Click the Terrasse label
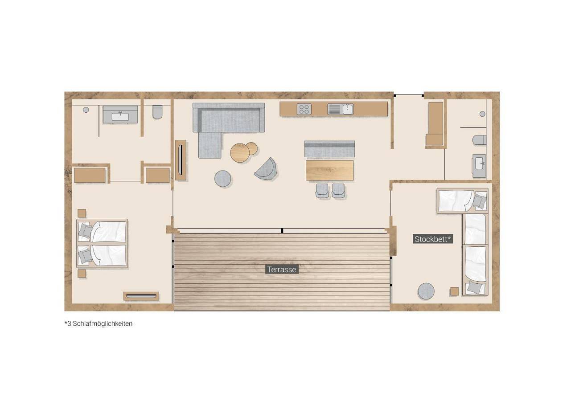click(282, 270)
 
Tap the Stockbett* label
click(433, 239)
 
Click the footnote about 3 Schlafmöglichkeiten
click(99, 323)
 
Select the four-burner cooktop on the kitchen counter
click(304, 109)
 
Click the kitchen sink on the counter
click(340, 109)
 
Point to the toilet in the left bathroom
click(157, 112)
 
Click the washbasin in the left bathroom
click(120, 116)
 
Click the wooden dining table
click(329, 170)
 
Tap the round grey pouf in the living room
click(223, 179)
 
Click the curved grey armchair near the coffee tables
click(265, 169)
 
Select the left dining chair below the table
click(322, 191)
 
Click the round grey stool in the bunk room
click(426, 291)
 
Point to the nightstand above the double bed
click(82, 213)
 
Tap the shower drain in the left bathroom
click(86, 110)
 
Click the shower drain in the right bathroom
click(482, 114)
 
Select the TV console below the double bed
click(141, 296)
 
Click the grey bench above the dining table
click(329, 149)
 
